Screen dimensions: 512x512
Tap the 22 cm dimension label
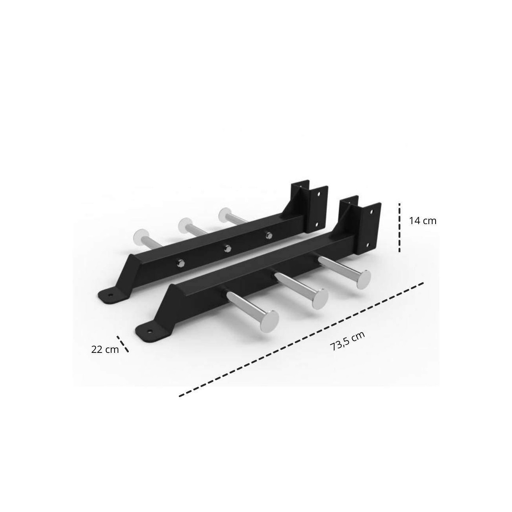pos(105,349)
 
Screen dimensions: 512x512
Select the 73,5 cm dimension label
pos(347,341)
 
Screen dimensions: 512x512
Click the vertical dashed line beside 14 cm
pos(399,227)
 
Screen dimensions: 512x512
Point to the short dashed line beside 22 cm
pos(123,344)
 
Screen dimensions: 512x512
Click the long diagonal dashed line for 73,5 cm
pos(301,339)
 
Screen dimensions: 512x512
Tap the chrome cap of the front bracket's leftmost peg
pos(270,321)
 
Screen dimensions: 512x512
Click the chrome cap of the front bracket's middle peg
pos(320,299)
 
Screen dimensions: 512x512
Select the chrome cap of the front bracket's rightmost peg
pos(363,279)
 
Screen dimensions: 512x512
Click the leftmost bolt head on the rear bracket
pos(181,263)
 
